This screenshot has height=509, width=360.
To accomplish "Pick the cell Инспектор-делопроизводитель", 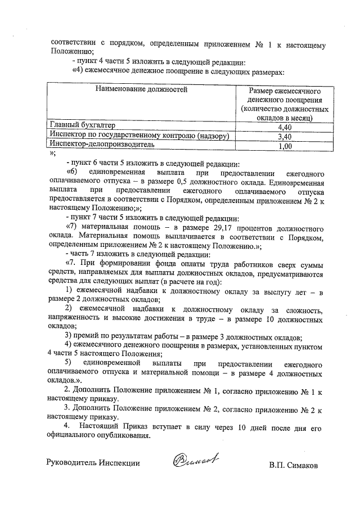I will [101, 145].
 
